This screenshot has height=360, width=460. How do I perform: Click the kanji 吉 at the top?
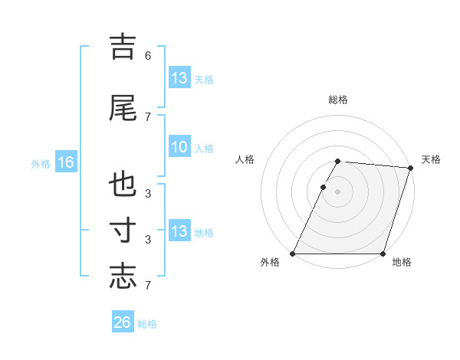click(123, 46)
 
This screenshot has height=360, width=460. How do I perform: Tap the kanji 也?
click(123, 185)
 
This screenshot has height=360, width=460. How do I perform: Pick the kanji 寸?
click(123, 231)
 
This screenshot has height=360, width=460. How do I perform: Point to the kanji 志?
click(123, 276)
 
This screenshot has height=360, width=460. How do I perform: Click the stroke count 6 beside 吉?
click(148, 55)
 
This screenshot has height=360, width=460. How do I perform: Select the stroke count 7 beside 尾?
click(148, 116)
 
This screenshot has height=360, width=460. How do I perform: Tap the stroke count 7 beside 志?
click(148, 286)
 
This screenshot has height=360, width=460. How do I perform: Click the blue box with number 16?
click(66, 162)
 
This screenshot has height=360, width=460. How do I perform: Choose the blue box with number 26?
click(123, 322)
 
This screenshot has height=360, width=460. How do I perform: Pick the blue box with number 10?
click(179, 147)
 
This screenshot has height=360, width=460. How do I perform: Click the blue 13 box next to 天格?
click(179, 78)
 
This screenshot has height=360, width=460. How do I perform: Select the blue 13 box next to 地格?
click(179, 231)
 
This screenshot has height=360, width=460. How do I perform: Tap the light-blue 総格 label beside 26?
click(147, 324)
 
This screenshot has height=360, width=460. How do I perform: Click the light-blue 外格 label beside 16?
click(41, 163)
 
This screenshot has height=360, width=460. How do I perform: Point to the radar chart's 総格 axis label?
click(338, 100)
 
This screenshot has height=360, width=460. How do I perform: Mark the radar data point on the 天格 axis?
click(411, 168)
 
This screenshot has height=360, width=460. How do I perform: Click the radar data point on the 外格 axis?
click(293, 254)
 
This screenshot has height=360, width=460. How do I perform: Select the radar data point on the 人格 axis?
click(324, 187)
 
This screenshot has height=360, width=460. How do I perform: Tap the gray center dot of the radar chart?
click(338, 191)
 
